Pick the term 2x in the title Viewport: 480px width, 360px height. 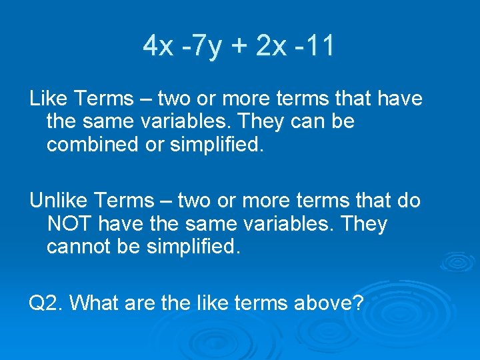pos(271,47)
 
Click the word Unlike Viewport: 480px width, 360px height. pos(59,200)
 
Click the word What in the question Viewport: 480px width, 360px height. pos(93,303)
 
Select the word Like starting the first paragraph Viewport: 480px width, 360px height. pos(48,99)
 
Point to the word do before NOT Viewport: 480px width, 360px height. pos(407,200)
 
